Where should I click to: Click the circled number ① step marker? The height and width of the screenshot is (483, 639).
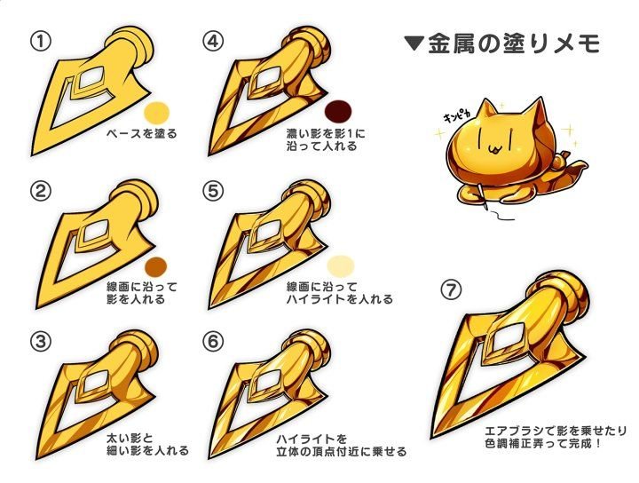(40, 42)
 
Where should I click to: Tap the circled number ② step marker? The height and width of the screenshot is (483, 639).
(40, 191)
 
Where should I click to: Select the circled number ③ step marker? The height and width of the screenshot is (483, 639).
(40, 342)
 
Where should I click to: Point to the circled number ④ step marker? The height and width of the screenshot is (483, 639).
(213, 42)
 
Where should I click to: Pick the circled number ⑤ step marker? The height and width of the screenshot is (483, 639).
(213, 191)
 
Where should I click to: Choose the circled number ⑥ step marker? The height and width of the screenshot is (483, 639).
(213, 342)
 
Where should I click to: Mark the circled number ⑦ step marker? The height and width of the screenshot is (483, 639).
(451, 289)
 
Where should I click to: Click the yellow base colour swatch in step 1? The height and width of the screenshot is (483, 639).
(157, 112)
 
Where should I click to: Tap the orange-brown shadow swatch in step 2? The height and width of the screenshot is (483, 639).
(156, 265)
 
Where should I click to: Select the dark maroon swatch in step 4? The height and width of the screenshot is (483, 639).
(338, 111)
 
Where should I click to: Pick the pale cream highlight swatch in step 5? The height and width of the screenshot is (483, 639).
(340, 266)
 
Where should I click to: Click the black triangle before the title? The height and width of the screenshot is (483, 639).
(414, 43)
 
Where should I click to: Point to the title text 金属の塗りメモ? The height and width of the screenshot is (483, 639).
(514, 44)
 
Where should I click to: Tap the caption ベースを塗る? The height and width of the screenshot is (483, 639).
(142, 133)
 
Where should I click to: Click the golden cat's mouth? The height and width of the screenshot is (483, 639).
(493, 150)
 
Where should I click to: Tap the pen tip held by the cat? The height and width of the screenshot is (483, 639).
(486, 208)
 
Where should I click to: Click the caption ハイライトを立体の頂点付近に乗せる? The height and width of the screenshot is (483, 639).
(342, 445)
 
